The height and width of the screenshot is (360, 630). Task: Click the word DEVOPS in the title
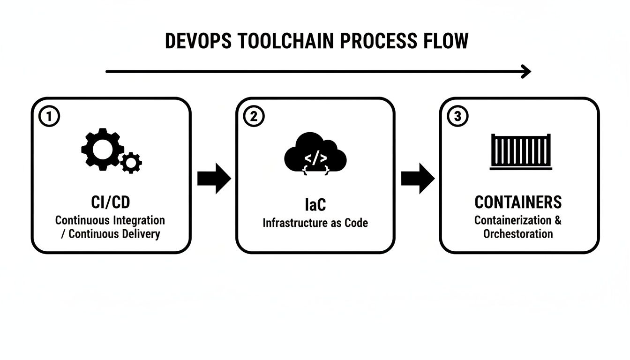point(197,41)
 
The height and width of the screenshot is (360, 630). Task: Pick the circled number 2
point(254,116)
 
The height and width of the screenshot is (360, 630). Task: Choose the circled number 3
point(458,116)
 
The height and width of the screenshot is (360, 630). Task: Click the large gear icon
point(102,149)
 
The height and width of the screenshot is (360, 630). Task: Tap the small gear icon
point(131,163)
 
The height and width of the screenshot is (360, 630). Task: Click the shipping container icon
point(520,151)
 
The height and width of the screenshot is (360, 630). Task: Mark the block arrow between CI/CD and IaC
point(214,179)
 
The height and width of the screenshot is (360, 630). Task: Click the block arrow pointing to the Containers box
point(418,179)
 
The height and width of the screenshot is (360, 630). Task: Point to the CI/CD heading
point(110,203)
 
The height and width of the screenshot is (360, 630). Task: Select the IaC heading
point(315,205)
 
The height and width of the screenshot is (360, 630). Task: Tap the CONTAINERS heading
point(518,202)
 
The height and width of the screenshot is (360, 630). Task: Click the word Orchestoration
point(518,233)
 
